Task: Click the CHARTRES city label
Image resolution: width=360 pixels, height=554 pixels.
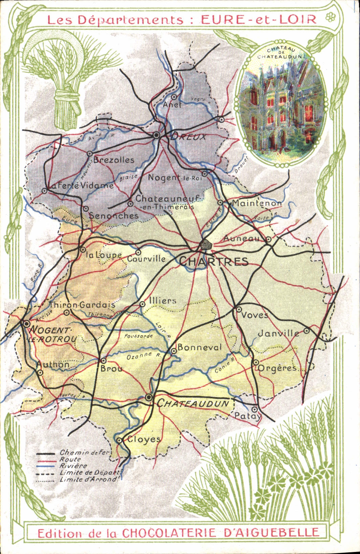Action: [214, 261]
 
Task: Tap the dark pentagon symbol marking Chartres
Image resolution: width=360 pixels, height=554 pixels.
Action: [205, 244]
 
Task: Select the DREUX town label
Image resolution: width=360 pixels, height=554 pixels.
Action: [188, 137]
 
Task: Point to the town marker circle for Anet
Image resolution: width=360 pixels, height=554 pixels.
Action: [174, 97]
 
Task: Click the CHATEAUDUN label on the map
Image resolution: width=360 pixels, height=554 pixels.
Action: [193, 403]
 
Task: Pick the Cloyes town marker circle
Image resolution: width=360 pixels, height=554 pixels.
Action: [119, 440]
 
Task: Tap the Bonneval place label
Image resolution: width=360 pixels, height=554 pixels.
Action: [199, 347]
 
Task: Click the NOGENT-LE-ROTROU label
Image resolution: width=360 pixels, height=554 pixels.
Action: [52, 335]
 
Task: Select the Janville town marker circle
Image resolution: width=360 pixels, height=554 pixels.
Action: [307, 331]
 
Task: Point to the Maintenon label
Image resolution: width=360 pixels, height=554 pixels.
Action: [256, 203]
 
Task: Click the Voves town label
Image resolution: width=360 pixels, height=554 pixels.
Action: [254, 315]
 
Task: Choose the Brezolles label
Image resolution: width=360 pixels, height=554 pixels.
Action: [114, 160]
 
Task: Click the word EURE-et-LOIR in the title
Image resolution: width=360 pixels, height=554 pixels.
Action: [259, 19]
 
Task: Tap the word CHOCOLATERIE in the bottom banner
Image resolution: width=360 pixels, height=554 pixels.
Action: [168, 533]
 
